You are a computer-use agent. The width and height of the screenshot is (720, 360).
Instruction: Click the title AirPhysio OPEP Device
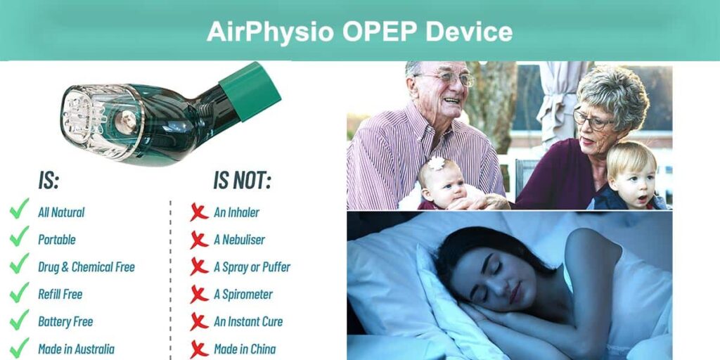[x=359, y=32]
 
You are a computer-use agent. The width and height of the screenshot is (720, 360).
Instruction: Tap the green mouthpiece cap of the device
[x=250, y=91]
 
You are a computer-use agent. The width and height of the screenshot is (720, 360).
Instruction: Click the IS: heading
[x=49, y=181]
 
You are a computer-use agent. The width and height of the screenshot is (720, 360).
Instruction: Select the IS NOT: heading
[x=242, y=181]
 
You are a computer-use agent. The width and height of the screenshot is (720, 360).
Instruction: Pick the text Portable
[x=57, y=240]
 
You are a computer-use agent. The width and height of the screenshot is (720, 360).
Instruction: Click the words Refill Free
[x=60, y=295]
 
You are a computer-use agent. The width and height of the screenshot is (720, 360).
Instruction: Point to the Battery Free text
[x=65, y=322]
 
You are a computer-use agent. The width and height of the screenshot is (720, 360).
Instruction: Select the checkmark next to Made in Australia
[x=19, y=347]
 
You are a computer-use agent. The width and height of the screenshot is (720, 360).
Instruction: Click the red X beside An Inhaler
[x=199, y=212]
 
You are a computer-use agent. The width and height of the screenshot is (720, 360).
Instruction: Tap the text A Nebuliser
[x=239, y=240]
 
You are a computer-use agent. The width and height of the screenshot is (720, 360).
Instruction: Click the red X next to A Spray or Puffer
[x=199, y=266]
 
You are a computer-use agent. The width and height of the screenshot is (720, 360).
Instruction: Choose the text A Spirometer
[x=243, y=295]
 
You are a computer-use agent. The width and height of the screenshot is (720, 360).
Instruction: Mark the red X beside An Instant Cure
[x=199, y=321]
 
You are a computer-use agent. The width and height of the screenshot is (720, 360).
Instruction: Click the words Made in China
[x=245, y=349]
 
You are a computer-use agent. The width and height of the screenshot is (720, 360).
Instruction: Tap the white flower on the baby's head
[x=436, y=163]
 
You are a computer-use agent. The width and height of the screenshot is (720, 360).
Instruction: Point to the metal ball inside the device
[x=125, y=122]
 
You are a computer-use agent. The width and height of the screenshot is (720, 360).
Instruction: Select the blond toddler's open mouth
[x=643, y=199]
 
